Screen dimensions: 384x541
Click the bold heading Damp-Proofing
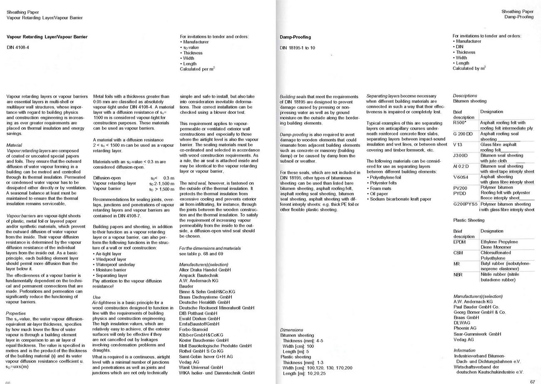pyautogui.click(x=295, y=37)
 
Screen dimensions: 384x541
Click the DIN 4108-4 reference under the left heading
pyautogui.click(x=18, y=47)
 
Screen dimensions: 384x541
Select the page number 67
pyautogui.click(x=533, y=382)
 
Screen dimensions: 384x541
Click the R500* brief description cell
pyautogui.click(x=459, y=123)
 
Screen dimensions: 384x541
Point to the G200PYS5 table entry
pyautogui.click(x=465, y=204)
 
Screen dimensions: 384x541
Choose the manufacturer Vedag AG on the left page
pyautogui.click(x=189, y=362)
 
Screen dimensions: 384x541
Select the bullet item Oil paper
pyautogui.click(x=379, y=194)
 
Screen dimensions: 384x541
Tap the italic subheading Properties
pyautogui.click(x=16, y=313)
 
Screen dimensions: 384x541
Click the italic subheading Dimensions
pyautogui.click(x=291, y=330)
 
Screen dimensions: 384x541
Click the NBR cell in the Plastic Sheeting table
pyautogui.click(x=458, y=275)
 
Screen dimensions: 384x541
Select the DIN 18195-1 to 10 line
pyautogui.click(x=297, y=48)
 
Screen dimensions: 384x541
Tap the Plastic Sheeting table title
pyautogui.click(x=469, y=220)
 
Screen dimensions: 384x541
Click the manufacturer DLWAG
pyautogui.click(x=462, y=323)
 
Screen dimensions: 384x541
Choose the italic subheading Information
pyautogui.click(x=464, y=350)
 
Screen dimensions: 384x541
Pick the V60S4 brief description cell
pyautogui.click(x=461, y=177)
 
